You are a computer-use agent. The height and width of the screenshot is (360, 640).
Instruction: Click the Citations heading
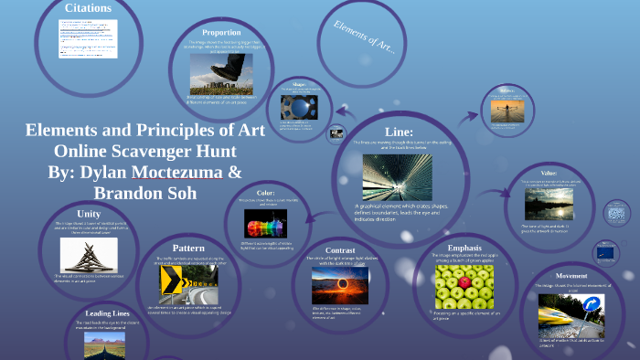click(89, 8)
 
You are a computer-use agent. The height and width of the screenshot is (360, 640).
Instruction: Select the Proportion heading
click(221, 32)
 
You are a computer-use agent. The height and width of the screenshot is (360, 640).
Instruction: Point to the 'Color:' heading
click(265, 193)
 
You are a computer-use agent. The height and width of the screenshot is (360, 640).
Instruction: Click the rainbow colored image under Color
click(265, 224)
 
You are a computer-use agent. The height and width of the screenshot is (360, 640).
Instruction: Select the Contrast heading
click(340, 249)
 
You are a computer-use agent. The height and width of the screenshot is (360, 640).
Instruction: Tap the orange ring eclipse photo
click(340, 284)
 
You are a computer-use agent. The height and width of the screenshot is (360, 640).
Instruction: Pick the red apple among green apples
click(464, 282)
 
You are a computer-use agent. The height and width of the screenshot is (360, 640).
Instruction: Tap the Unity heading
click(89, 214)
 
